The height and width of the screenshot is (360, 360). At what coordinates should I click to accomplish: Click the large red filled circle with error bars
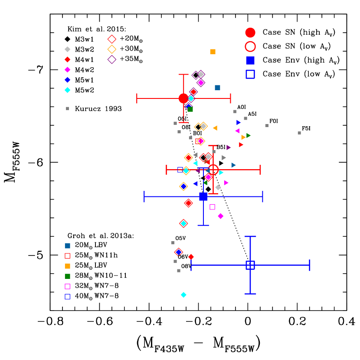[183, 98]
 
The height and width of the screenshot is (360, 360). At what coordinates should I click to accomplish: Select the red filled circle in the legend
[250, 33]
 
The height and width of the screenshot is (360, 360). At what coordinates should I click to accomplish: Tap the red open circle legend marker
[250, 46]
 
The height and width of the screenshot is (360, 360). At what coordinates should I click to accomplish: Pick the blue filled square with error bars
[203, 196]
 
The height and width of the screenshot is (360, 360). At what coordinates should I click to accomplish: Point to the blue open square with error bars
[250, 265]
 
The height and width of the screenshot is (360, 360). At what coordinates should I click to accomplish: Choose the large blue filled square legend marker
[250, 60]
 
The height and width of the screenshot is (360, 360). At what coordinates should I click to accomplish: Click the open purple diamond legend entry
[112, 59]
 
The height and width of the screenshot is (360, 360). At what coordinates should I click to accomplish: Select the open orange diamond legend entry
[112, 49]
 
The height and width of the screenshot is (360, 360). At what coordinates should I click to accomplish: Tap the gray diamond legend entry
[67, 49]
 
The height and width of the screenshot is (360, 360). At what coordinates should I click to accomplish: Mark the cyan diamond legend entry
[67, 90]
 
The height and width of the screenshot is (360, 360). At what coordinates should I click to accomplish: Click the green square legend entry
[67, 276]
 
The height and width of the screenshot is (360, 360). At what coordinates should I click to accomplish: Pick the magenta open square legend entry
[67, 287]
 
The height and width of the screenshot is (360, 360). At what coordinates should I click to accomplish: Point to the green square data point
[190, 109]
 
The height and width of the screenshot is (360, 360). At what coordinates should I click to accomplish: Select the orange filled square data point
[213, 52]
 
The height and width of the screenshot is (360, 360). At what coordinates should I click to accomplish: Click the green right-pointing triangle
[248, 135]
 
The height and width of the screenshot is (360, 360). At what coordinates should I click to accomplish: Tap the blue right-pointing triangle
[239, 123]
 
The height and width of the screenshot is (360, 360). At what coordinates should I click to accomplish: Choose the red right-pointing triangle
[241, 145]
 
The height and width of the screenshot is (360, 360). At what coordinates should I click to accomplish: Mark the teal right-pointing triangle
[233, 165]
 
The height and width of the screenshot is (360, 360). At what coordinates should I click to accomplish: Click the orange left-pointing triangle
[215, 128]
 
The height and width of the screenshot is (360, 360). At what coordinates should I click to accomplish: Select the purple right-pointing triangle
[229, 147]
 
